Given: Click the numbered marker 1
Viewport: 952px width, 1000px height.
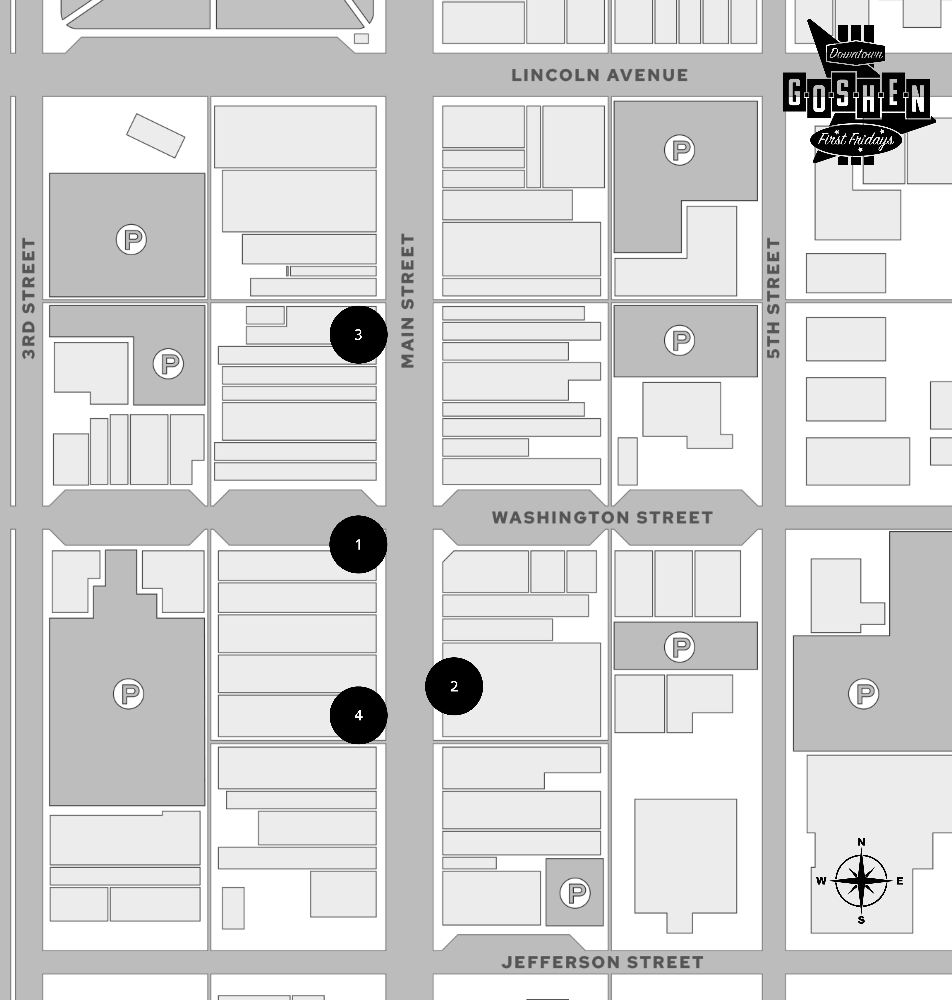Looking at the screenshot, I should point(358,545).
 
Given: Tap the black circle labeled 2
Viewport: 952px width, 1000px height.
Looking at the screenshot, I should point(454,686).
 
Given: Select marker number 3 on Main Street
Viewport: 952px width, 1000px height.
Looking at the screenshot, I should point(358,334).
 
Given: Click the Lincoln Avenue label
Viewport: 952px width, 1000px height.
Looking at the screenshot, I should point(599,75).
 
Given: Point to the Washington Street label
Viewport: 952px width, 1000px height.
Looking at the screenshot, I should point(602,518).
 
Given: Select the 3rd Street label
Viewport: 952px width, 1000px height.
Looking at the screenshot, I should point(29,298).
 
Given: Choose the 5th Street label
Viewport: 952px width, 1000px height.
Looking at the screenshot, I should point(773,298).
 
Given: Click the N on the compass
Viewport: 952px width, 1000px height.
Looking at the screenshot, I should point(861,842).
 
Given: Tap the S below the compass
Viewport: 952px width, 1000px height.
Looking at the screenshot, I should point(861,920).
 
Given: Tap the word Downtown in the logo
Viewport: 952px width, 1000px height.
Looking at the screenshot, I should point(856,53).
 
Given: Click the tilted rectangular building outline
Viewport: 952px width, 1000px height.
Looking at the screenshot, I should point(156,136).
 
